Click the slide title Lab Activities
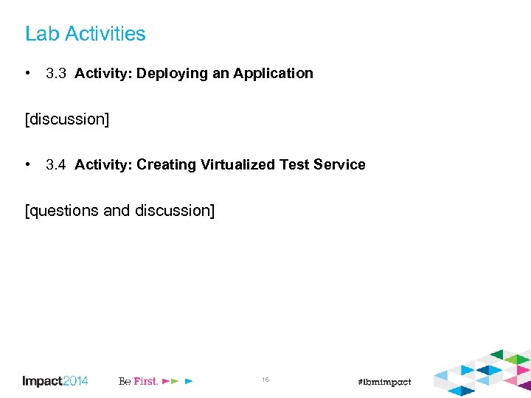(85, 34)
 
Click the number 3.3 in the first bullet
(56, 74)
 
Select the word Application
(273, 74)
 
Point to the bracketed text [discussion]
(66, 119)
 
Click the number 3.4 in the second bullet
(56, 165)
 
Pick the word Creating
(166, 165)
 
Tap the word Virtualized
(237, 165)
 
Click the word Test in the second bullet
(294, 165)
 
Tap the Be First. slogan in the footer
(138, 381)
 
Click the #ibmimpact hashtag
(383, 382)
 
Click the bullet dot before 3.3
(27, 74)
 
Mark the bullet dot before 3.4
(27, 165)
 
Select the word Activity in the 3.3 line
(102, 74)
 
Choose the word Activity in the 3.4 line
(102, 165)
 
